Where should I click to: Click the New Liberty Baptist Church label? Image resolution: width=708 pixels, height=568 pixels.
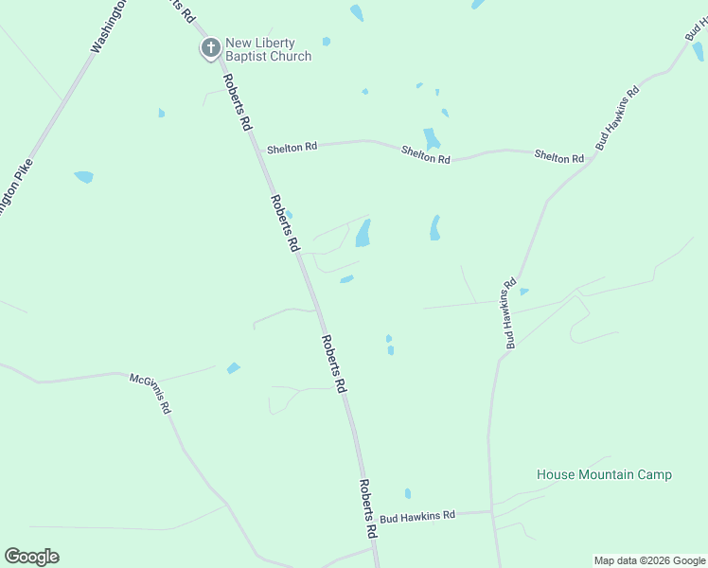[x=268, y=50]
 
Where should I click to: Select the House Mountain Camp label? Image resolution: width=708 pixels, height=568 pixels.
[x=604, y=474]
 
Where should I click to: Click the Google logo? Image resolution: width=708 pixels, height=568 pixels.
[x=31, y=557]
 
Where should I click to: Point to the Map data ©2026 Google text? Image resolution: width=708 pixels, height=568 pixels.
[x=650, y=560]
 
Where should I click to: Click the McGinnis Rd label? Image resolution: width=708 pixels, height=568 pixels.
[x=150, y=393]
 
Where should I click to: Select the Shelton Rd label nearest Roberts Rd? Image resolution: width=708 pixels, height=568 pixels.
[x=292, y=148]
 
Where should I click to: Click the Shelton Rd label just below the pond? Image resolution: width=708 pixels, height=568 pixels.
[x=425, y=153]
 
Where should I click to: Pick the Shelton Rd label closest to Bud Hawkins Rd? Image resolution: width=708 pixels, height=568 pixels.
[x=558, y=156]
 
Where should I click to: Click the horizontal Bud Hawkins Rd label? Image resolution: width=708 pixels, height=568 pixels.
[x=417, y=517]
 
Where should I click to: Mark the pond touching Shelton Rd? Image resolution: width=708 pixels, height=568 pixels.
[x=432, y=138]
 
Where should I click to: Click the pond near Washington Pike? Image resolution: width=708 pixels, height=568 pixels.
[x=84, y=176]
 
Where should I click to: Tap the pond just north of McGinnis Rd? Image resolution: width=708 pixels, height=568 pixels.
[x=233, y=367]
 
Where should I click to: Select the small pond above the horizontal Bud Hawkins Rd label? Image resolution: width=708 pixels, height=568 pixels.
[x=408, y=493]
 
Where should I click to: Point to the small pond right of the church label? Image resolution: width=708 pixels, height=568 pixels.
[x=327, y=42]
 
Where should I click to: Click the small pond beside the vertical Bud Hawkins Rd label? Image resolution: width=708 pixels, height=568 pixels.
[x=523, y=292]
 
